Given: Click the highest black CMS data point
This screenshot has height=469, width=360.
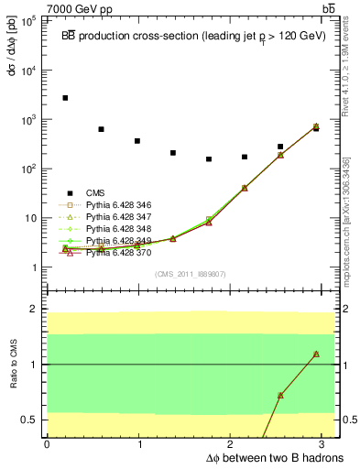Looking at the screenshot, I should click(65, 97).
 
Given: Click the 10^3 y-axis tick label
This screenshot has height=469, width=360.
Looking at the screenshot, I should click(29, 120).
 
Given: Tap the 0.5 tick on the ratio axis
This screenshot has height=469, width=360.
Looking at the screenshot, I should click(33, 420).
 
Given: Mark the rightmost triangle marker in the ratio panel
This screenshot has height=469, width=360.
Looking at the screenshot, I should click(316, 354).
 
